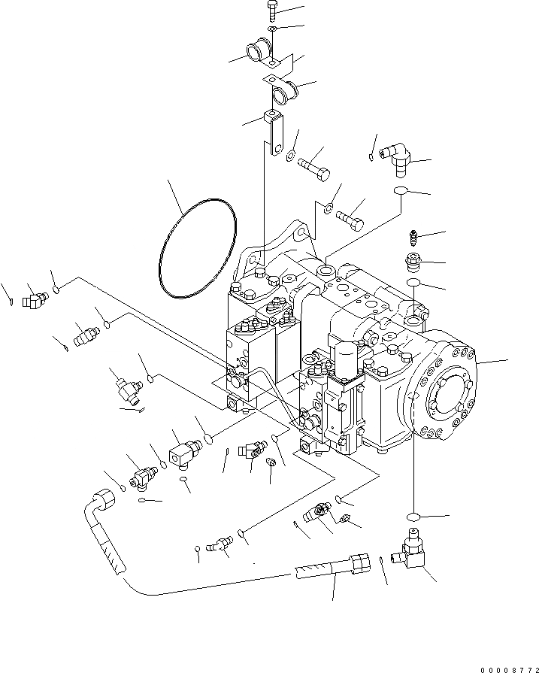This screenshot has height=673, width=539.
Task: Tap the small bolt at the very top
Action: click(x=272, y=12)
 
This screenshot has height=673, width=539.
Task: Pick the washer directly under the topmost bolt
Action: click(x=272, y=29)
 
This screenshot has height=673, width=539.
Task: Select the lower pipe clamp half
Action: click(x=284, y=94)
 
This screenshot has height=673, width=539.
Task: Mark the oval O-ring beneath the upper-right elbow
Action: click(x=400, y=191)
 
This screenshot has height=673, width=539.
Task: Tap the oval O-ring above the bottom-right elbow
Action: click(x=411, y=517)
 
